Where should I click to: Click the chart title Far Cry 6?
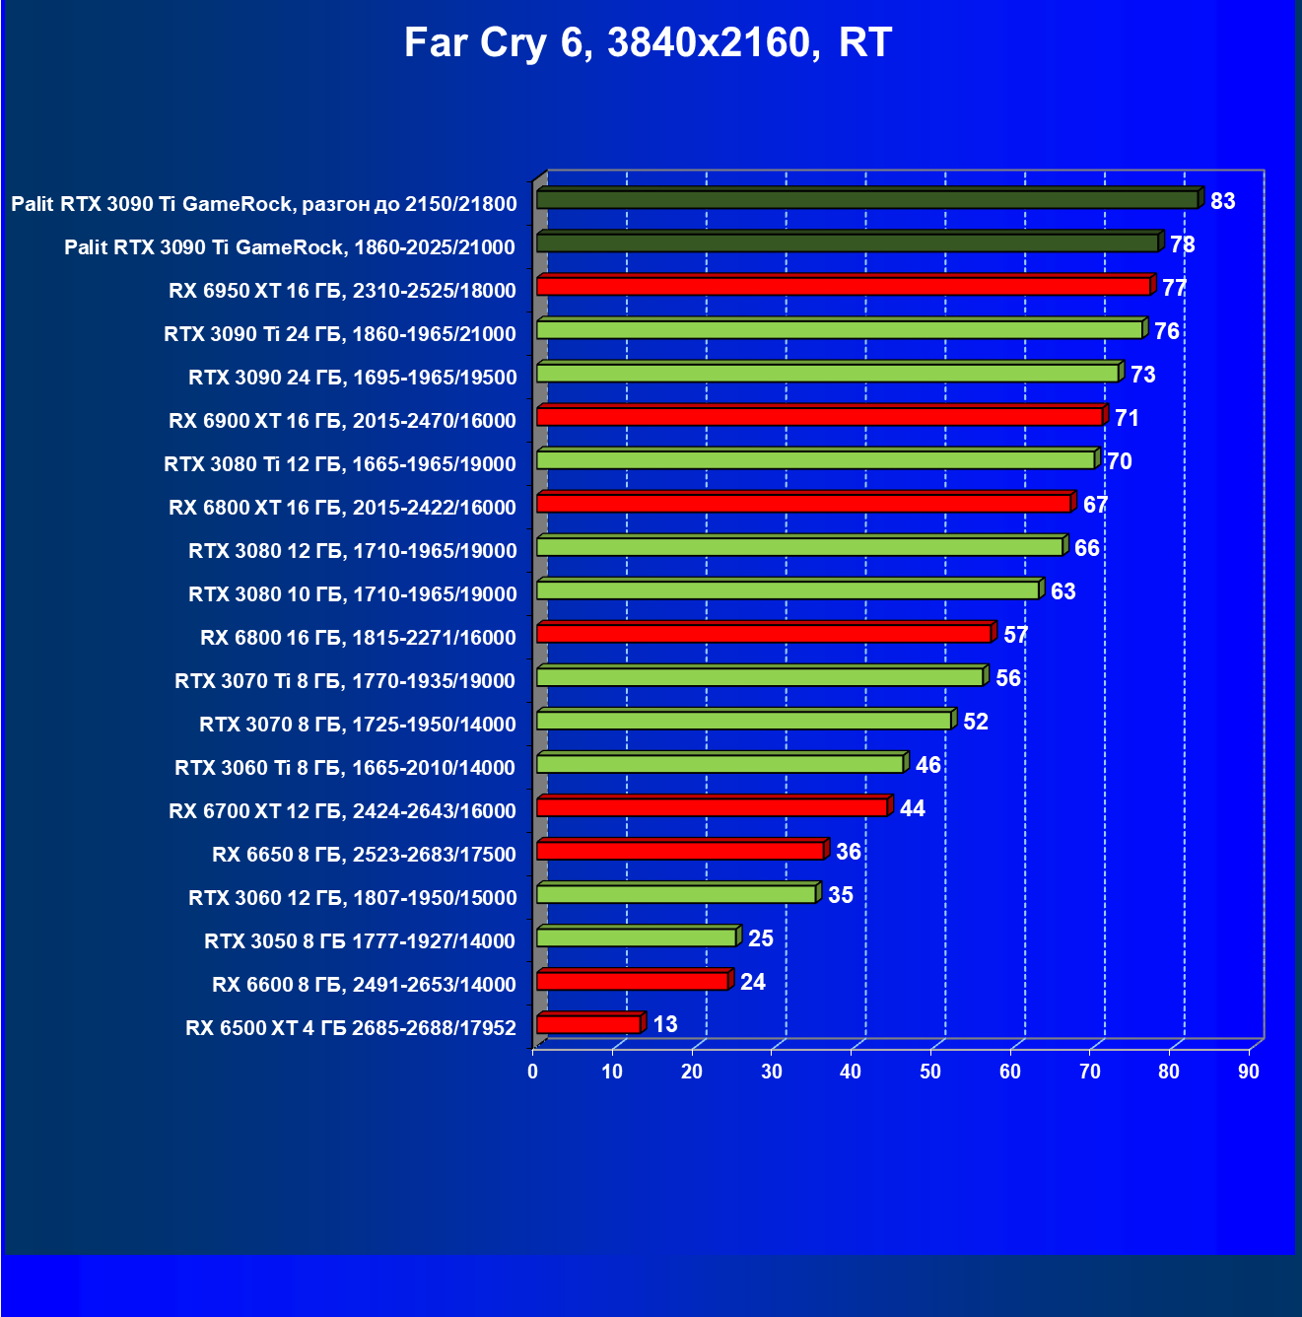pyautogui.click(x=648, y=43)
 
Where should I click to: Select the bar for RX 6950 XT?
pyautogui.click(x=844, y=286)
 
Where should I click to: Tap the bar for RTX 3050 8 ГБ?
pyautogui.click(x=637, y=936)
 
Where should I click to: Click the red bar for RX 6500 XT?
pyautogui.click(x=588, y=1024)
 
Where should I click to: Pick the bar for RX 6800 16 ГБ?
pyautogui.click(x=764, y=633)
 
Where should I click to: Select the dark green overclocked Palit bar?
pyautogui.click(x=867, y=199)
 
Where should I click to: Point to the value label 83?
pyautogui.click(x=1222, y=201)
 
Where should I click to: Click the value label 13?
pyautogui.click(x=665, y=1024)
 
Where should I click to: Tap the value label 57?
pyautogui.click(x=1015, y=635)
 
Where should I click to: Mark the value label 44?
pyautogui.click(x=913, y=808)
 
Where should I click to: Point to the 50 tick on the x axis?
pyautogui.click(x=930, y=1072)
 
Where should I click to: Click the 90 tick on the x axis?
pyautogui.click(x=1249, y=1072)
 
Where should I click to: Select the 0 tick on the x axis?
pyautogui.click(x=533, y=1072)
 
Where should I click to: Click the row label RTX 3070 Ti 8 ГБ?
pyautogui.click(x=345, y=681)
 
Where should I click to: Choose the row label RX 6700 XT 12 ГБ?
pyautogui.click(x=342, y=811)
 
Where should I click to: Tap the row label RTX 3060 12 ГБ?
pyautogui.click(x=352, y=898)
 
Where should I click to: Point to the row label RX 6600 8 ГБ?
pyautogui.click(x=364, y=985)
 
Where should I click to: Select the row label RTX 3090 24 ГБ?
pyautogui.click(x=352, y=378)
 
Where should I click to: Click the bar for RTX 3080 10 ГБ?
pyautogui.click(x=788, y=589)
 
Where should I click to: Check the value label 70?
pyautogui.click(x=1119, y=461)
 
